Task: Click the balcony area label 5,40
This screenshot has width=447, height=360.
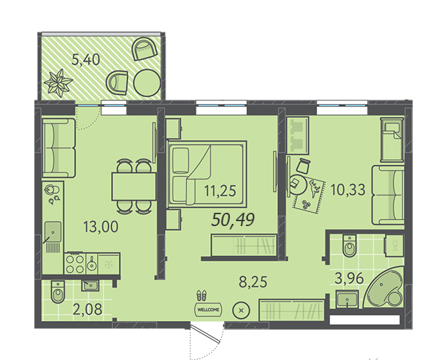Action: [85, 60]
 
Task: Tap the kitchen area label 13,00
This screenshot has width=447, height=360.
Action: [101, 227]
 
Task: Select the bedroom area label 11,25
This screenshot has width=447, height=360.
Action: [220, 191]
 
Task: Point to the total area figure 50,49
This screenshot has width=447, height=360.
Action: [233, 220]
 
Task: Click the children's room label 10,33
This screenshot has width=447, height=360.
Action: [348, 190]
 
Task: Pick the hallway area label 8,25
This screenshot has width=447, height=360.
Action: [253, 283]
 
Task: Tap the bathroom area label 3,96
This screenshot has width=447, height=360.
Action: [349, 278]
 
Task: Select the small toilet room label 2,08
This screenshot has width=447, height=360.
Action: [87, 309]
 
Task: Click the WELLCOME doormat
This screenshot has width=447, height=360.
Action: [208, 310]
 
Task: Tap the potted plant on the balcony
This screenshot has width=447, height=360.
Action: [59, 83]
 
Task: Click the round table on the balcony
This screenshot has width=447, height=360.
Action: [147, 82]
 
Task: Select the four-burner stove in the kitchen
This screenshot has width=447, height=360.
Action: [75, 264]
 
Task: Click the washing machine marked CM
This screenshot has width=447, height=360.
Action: [394, 246]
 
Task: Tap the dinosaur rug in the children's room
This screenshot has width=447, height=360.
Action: [309, 196]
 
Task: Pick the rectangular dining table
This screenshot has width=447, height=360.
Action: [134, 186]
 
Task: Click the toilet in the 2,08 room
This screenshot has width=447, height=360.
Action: [58, 292]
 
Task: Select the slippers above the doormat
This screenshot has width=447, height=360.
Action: [202, 295]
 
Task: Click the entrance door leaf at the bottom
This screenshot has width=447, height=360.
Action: [205, 333]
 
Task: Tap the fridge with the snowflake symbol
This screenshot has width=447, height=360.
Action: [109, 264]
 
